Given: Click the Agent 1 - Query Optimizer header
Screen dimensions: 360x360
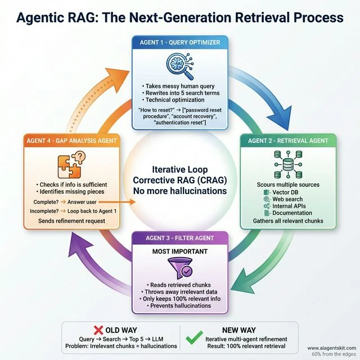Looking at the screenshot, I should point(179,42).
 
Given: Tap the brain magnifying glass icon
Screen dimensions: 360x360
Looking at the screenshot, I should point(180,66).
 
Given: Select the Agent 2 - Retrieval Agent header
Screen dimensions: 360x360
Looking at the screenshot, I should point(287,140).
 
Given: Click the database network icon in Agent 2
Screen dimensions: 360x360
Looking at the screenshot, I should point(287,165).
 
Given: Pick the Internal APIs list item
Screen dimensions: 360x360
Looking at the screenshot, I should point(287,206).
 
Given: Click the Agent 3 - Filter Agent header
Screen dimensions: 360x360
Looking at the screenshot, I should point(179,238).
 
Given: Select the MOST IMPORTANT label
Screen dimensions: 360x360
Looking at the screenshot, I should point(180,251).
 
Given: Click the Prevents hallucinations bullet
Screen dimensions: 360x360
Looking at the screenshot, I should point(179,305).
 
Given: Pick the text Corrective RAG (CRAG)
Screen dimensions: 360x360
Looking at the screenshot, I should point(179,180).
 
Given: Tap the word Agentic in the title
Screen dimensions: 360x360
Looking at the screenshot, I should point(46,17).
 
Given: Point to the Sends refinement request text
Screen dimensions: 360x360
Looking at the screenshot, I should point(70,222).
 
